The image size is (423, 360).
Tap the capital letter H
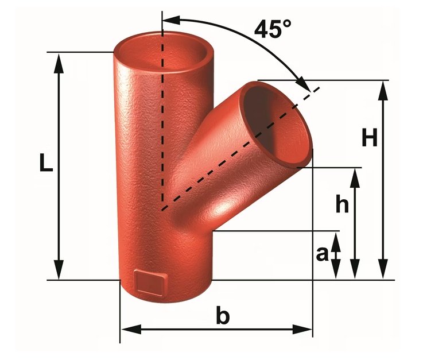(x=370, y=137)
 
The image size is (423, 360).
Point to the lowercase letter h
(x=342, y=205)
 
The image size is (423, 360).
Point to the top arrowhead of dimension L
(x=58, y=60)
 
